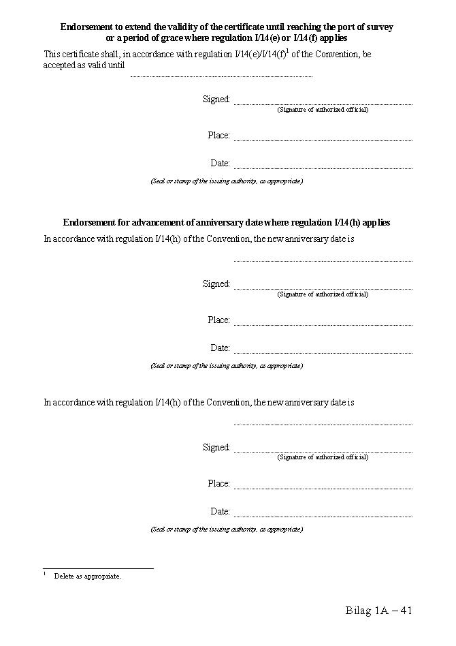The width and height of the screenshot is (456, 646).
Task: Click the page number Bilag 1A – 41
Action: [379, 611]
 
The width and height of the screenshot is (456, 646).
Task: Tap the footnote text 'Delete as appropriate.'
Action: [88, 576]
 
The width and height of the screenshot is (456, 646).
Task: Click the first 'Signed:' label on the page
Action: [216, 99]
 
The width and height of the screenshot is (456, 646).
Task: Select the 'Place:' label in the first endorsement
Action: [219, 136]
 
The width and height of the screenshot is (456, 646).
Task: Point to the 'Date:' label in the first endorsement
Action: [221, 164]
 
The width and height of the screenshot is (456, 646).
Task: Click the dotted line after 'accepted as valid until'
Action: [221, 76]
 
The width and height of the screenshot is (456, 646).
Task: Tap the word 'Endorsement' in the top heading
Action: [86, 27]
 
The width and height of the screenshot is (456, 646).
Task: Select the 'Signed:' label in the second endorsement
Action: [216, 284]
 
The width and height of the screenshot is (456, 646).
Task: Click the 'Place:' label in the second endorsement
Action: [219, 320]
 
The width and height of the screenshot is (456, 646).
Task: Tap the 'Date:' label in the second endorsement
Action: [221, 348]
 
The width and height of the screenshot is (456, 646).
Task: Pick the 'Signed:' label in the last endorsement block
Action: [216, 448]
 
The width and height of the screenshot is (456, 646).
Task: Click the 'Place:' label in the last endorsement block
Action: [219, 484]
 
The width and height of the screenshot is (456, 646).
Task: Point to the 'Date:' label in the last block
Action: [221, 512]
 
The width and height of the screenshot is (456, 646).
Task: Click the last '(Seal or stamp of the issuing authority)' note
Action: [227, 529]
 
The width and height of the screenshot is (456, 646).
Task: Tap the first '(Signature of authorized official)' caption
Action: [323, 110]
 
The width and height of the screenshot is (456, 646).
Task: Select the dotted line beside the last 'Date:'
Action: [323, 516]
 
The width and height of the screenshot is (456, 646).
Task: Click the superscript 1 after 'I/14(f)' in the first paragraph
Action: [288, 51]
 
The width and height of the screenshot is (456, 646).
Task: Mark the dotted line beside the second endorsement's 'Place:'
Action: [323, 325]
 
